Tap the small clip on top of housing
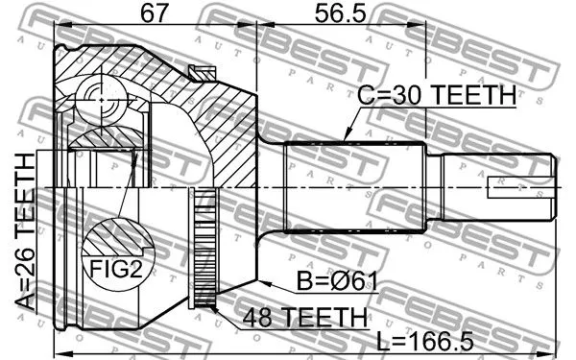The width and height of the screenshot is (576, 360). click(203, 70)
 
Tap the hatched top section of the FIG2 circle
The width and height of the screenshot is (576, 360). click(114, 237)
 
